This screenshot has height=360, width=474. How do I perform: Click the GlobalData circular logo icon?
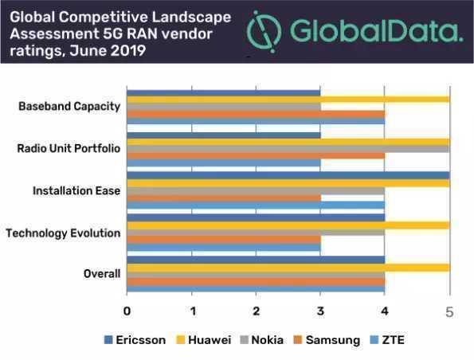point(264,32)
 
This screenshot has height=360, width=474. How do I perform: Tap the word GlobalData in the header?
point(376,31)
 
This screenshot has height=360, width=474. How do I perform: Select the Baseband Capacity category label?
point(69,107)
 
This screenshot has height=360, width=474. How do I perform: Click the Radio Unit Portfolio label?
point(69,148)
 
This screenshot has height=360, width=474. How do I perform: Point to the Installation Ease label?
point(76,190)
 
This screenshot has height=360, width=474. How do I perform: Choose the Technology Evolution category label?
point(63,233)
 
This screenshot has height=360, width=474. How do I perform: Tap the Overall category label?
point(102,273)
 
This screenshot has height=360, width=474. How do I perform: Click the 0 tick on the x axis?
point(127,311)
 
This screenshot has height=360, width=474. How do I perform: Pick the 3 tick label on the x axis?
point(320,311)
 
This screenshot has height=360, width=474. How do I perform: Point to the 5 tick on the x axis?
point(449,312)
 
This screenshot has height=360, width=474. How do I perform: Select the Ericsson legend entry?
point(135,340)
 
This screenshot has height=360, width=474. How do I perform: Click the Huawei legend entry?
point(203,340)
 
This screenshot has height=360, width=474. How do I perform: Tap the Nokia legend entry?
point(262,340)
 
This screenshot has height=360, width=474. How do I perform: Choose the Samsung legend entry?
point(327,340)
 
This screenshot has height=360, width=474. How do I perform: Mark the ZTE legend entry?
point(387,340)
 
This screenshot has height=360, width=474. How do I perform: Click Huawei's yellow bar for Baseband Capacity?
point(288,100)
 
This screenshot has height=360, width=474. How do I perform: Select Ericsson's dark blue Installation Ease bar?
point(288,175)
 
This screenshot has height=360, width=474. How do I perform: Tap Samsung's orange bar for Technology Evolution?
point(224,240)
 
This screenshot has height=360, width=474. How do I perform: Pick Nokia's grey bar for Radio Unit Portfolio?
point(288,149)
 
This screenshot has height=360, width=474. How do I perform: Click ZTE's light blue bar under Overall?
point(256,289)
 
